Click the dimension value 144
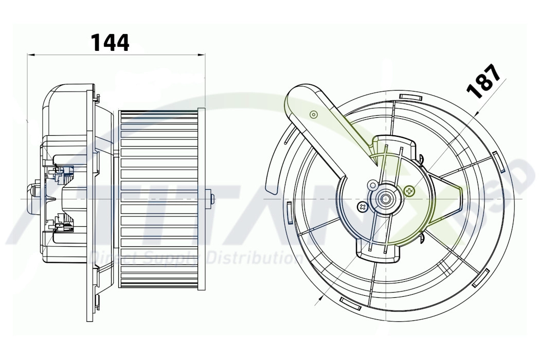click(x=110, y=42)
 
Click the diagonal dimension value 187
click(x=483, y=81)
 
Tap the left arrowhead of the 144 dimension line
click(x=30, y=54)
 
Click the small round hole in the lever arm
click(x=313, y=115)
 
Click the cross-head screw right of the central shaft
click(x=409, y=191)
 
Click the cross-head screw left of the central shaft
click(x=363, y=207)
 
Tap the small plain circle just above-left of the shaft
click(x=372, y=184)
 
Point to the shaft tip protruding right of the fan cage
click(x=211, y=199)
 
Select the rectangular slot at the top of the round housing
click(x=409, y=96)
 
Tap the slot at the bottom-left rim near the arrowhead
click(x=350, y=303)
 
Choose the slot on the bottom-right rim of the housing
click(x=482, y=278)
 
